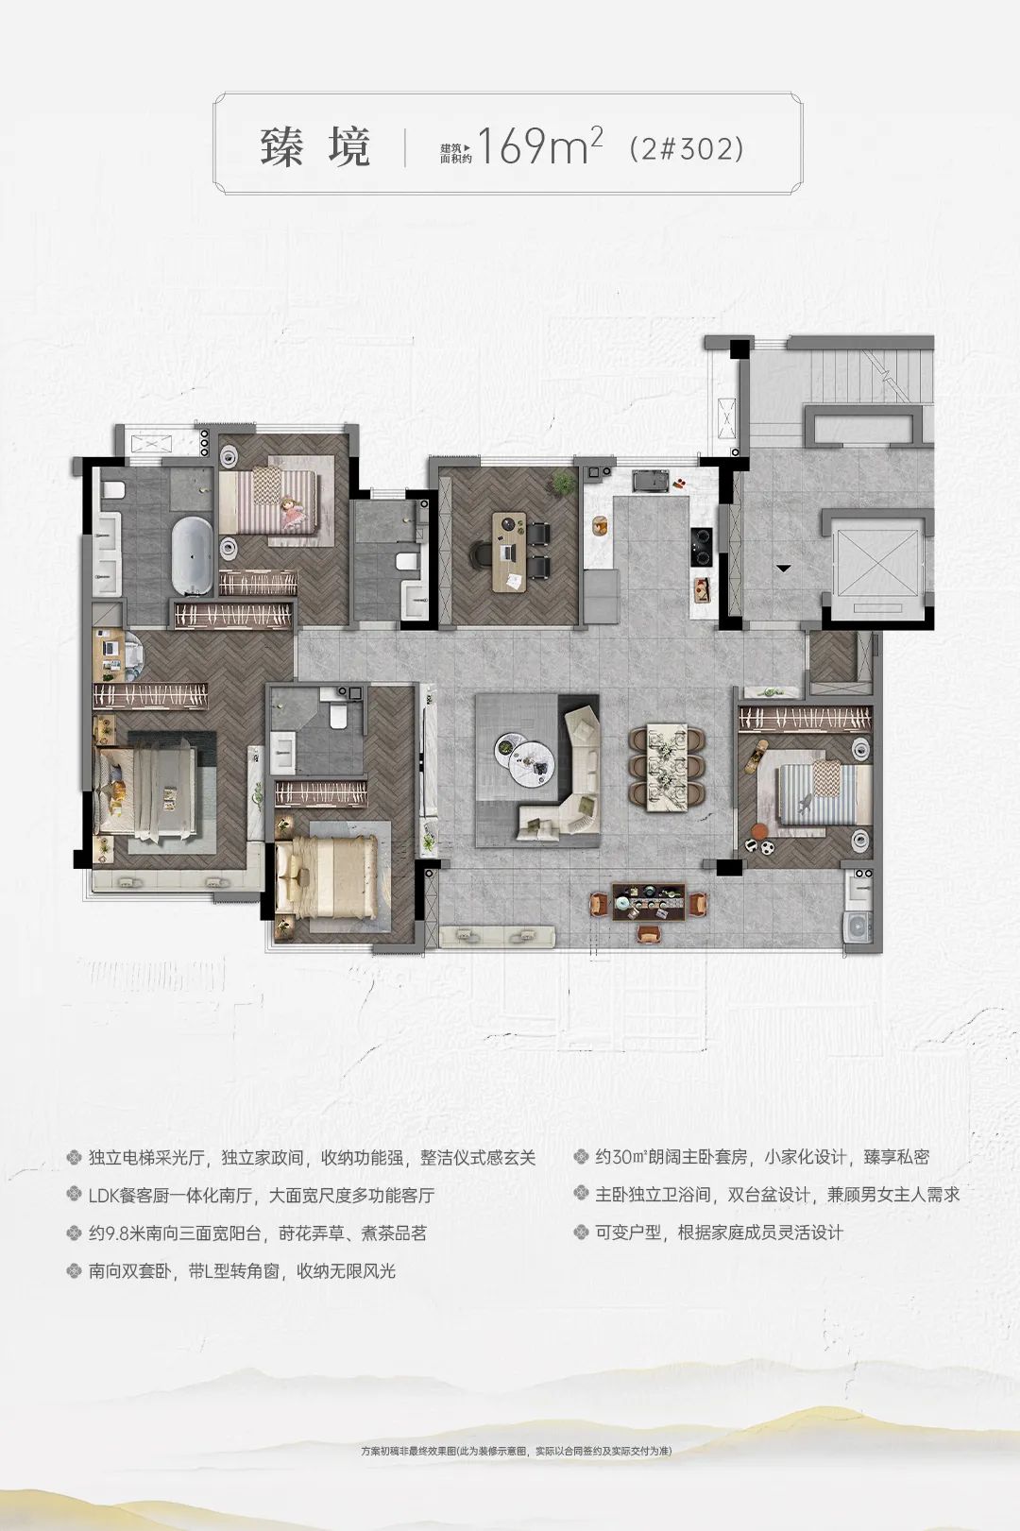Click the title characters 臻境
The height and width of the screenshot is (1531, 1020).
pos(315,147)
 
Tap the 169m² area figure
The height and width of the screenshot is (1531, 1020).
pos(540,145)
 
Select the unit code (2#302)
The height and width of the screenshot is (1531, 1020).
pos(687,148)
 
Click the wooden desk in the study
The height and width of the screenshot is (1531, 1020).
pos(509,552)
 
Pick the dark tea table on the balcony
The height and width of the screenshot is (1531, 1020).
pos(649,902)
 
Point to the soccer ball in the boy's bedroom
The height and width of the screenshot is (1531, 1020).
pos(768,847)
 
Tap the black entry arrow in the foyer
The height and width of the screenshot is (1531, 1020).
pos(784,568)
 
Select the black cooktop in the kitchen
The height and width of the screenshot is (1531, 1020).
pos(702,546)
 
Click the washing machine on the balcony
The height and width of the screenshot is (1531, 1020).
pos(858,926)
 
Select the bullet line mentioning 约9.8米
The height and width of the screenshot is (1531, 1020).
pos(246,1233)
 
